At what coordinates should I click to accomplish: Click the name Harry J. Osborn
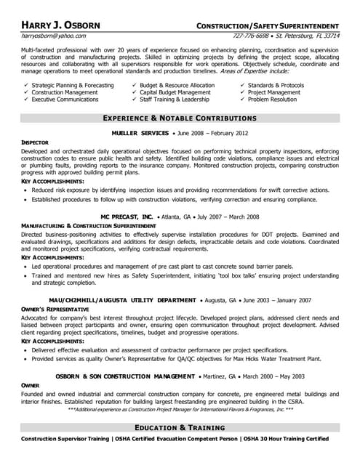click(x=60, y=25)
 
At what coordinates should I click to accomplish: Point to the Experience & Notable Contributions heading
click(x=180, y=117)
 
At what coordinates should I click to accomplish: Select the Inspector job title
click(x=35, y=142)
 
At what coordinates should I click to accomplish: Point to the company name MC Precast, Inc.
click(x=127, y=217)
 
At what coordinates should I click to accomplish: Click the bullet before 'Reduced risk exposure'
click(x=25, y=189)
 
